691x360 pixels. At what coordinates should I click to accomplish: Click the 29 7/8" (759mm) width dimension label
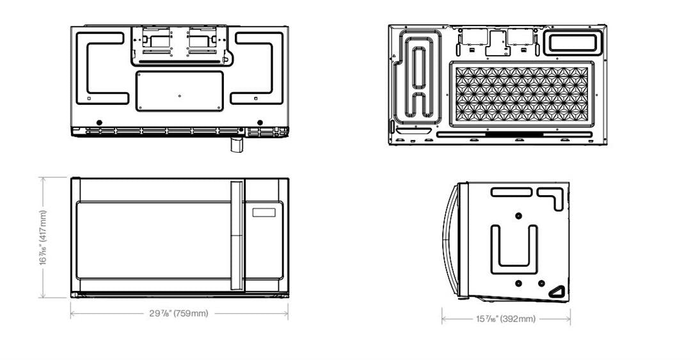[x=179, y=313]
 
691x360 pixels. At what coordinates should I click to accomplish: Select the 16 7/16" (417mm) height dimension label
[x=43, y=237]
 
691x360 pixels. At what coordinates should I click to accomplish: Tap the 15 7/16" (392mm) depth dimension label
[x=505, y=318]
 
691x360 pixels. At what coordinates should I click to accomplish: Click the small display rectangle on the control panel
[x=264, y=212]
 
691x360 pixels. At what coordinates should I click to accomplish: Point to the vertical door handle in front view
[x=237, y=235]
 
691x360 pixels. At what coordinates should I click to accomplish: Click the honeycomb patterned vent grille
[x=522, y=94]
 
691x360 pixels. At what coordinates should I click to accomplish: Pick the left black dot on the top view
[x=99, y=122]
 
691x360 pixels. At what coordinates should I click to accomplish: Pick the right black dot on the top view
[x=260, y=122]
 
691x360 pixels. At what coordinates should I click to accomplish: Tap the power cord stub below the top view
[x=237, y=144]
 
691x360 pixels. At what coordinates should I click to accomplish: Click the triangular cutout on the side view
[x=557, y=292]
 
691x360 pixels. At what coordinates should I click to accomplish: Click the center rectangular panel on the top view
[x=179, y=91]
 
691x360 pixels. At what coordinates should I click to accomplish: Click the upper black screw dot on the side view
[x=518, y=216]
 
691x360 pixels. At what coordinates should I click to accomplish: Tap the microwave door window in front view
[x=154, y=240]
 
